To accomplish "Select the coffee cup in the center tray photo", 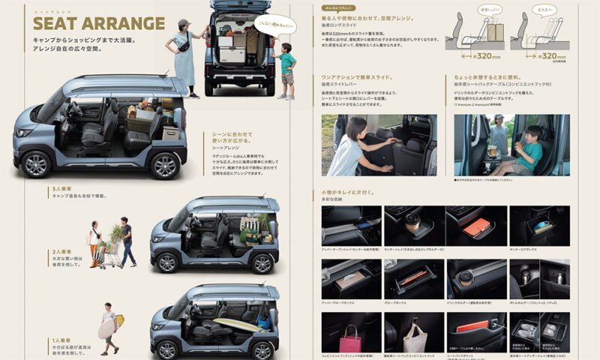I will coord(412,222).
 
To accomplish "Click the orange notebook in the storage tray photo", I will coord(475,227).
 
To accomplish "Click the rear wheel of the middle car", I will coord(261,263).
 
